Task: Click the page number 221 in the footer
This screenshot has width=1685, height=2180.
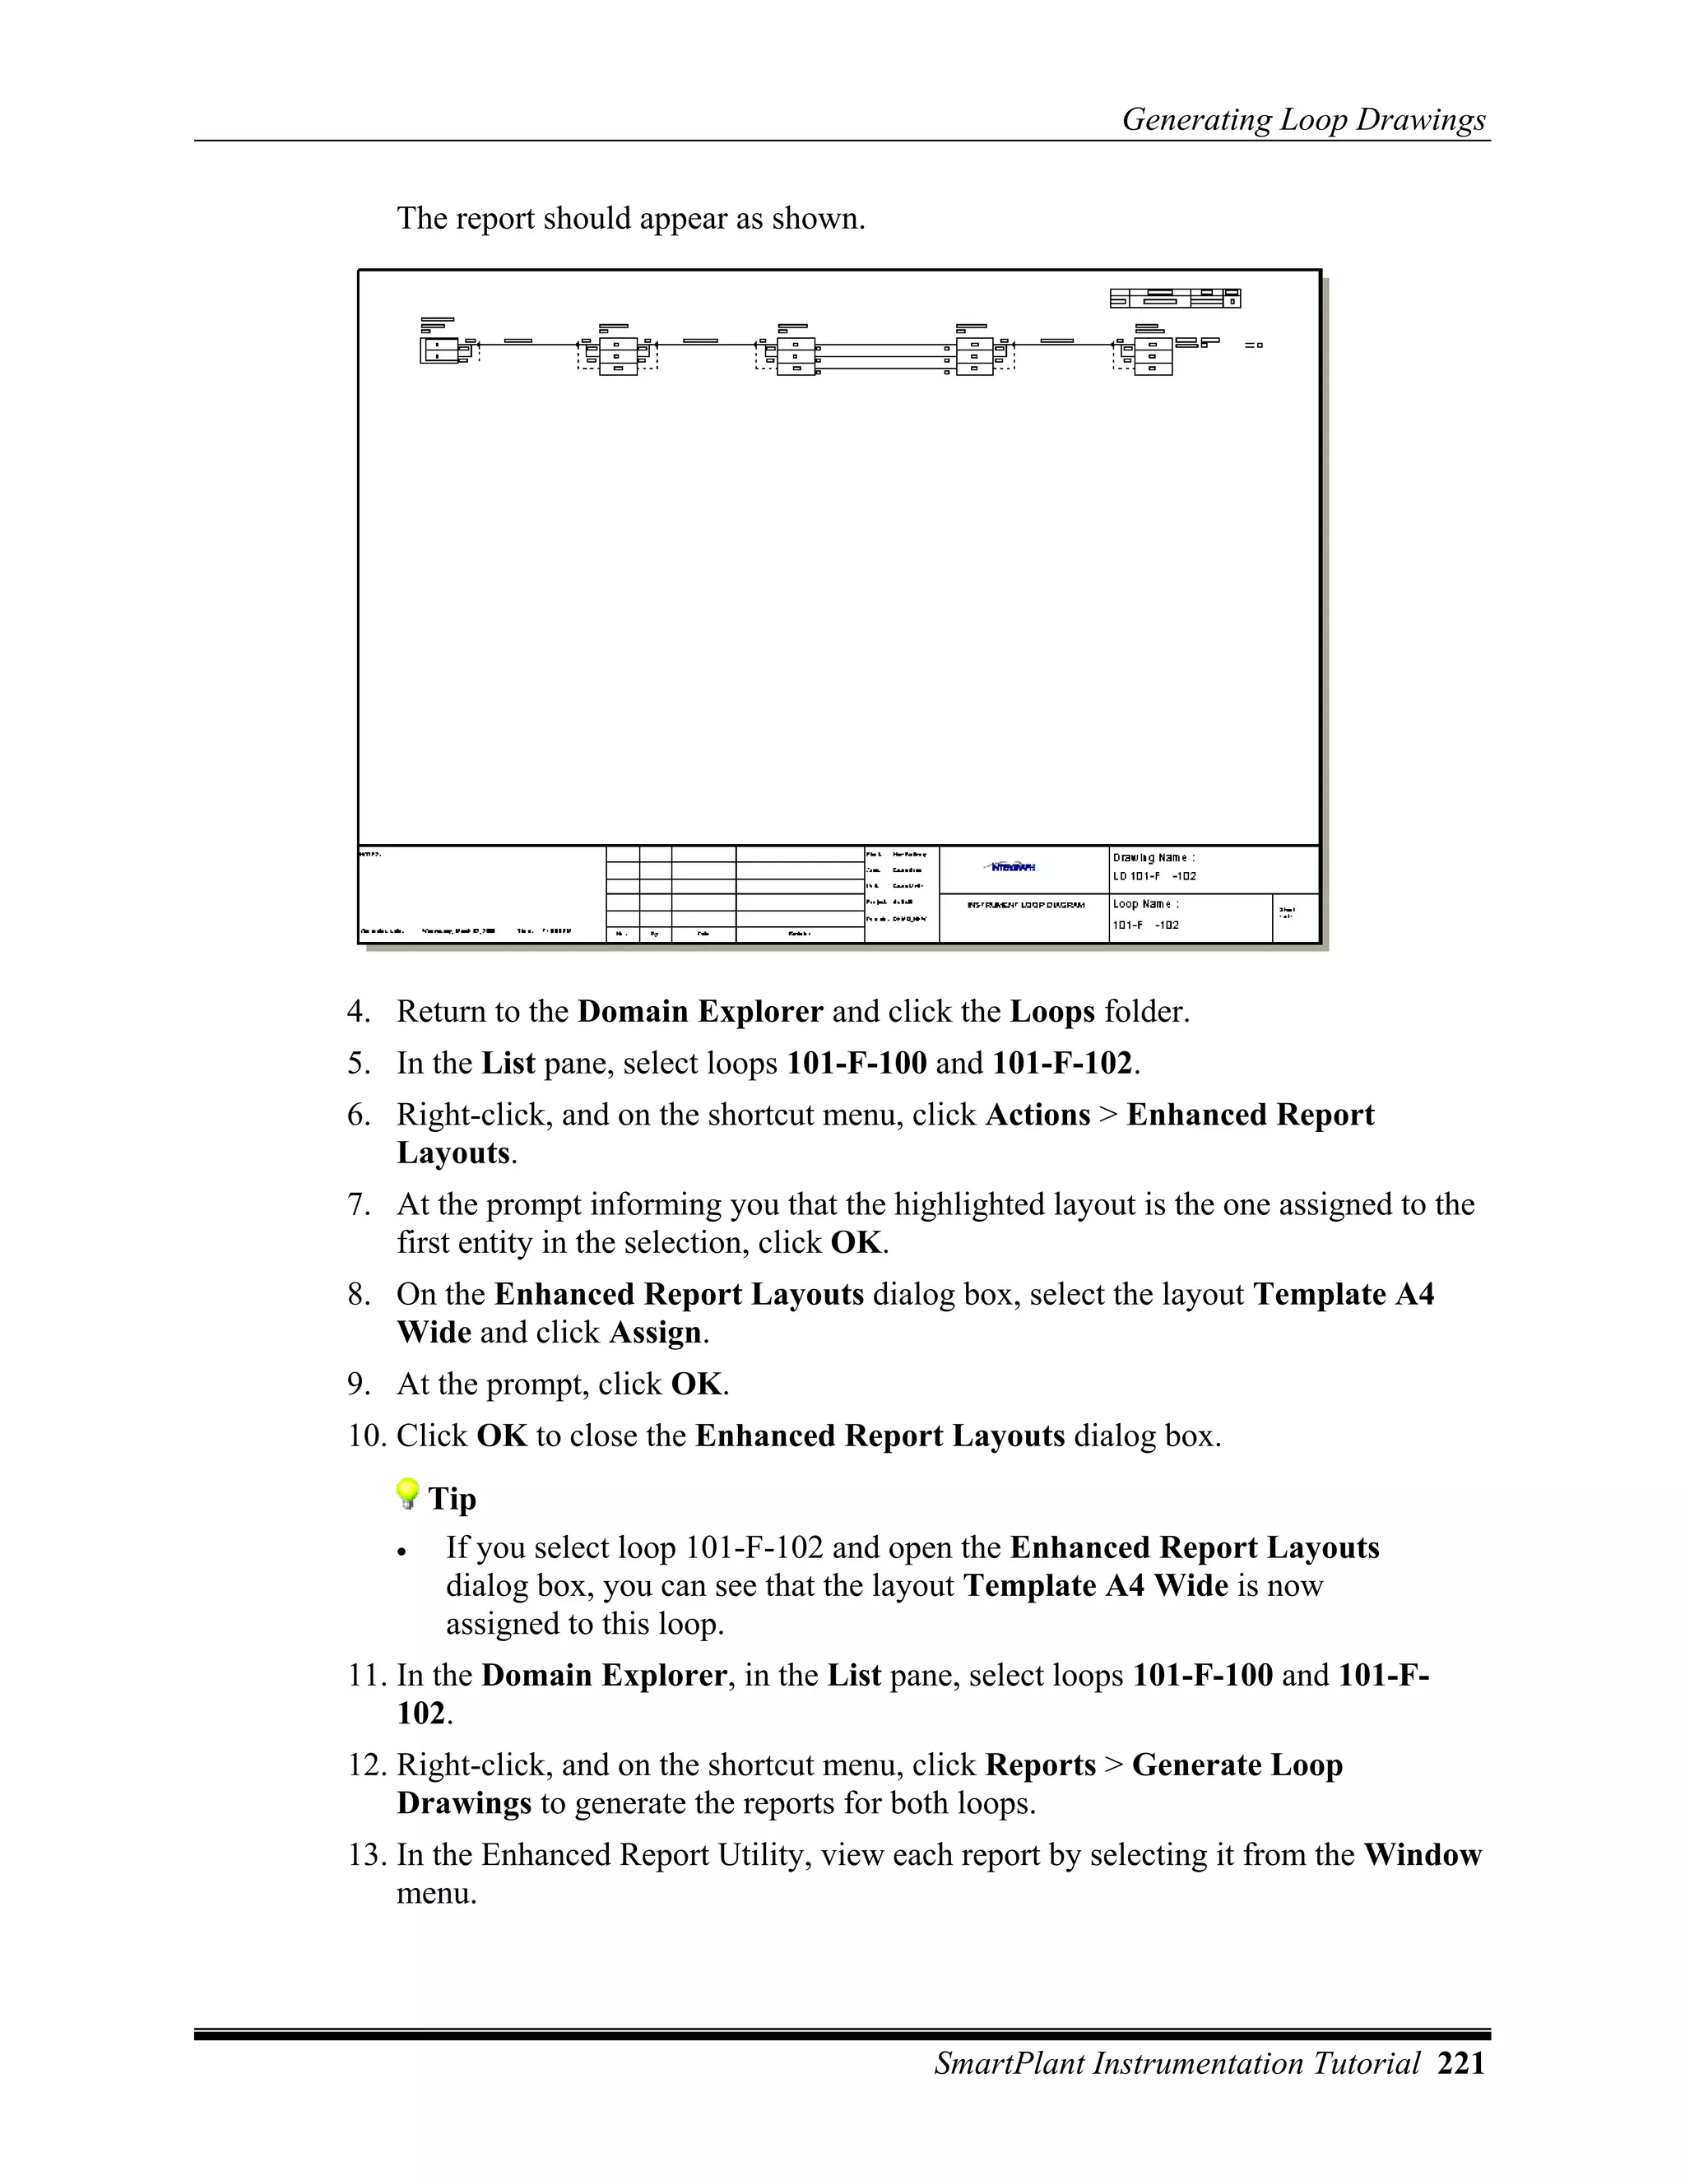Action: point(1461,2063)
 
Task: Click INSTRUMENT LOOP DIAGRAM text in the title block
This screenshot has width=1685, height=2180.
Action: point(1025,906)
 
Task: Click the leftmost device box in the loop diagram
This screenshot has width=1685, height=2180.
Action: point(440,350)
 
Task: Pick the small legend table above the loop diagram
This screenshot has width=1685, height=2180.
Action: point(1175,298)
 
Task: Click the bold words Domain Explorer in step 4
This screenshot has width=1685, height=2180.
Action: point(700,1012)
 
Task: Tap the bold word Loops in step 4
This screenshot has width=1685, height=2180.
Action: point(1052,1012)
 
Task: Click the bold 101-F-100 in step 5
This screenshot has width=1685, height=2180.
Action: point(856,1064)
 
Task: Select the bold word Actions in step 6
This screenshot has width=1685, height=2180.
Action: point(1037,1115)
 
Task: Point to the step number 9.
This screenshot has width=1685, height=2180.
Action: point(357,1385)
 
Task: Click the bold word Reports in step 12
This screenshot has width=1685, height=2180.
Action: point(1040,1765)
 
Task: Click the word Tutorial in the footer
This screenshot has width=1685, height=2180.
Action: point(1367,2063)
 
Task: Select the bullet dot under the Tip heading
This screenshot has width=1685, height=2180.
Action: point(402,1553)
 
